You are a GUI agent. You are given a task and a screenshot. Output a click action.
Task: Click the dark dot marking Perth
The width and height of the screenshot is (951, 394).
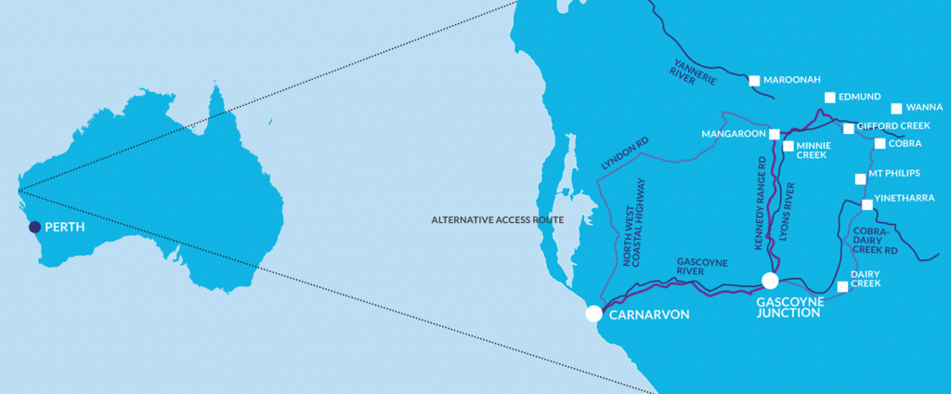click(34, 227)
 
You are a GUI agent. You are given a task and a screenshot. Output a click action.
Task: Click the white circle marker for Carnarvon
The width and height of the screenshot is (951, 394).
click(594, 314)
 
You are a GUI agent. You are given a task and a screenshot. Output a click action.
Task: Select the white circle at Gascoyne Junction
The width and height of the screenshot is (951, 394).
click(769, 281)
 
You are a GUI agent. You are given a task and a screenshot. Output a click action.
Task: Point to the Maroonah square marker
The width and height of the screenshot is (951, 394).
click(755, 81)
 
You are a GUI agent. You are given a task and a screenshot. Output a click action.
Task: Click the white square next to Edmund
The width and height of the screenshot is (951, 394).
click(830, 98)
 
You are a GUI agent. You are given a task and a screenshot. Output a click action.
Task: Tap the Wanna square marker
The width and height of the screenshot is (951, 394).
click(896, 109)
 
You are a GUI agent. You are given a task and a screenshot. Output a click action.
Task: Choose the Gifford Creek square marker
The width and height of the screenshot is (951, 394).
click(848, 128)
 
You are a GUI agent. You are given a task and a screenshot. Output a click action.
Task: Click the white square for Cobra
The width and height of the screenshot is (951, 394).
click(879, 143)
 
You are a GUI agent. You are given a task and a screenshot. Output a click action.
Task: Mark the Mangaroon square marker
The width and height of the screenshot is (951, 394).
click(774, 134)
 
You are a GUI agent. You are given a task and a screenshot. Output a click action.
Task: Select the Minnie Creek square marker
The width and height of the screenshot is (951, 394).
click(788, 146)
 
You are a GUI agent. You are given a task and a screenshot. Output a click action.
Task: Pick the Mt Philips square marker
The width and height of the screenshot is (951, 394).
click(859, 178)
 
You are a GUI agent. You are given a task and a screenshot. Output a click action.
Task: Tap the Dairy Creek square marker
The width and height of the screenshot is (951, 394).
click(842, 286)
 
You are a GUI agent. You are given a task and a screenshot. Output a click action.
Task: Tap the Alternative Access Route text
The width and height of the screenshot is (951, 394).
click(496, 220)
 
